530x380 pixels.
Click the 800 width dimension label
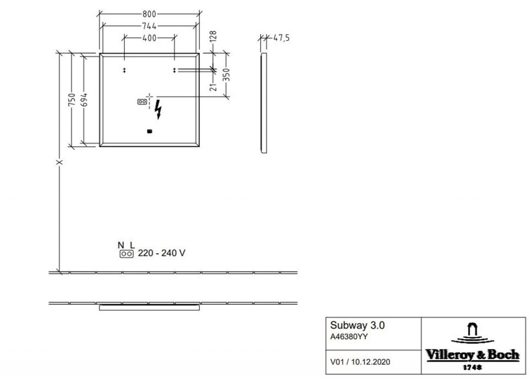[x=149, y=14]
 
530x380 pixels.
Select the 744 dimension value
[x=149, y=26]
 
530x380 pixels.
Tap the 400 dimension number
[x=149, y=38]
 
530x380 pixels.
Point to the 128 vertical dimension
[x=213, y=37]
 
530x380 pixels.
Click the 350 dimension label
[x=226, y=74]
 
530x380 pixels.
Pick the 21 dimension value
[x=213, y=86]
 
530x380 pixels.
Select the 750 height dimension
[x=71, y=100]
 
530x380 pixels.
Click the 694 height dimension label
[x=84, y=100]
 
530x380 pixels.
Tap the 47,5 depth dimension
[x=281, y=38]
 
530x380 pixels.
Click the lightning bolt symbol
[x=158, y=109]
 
